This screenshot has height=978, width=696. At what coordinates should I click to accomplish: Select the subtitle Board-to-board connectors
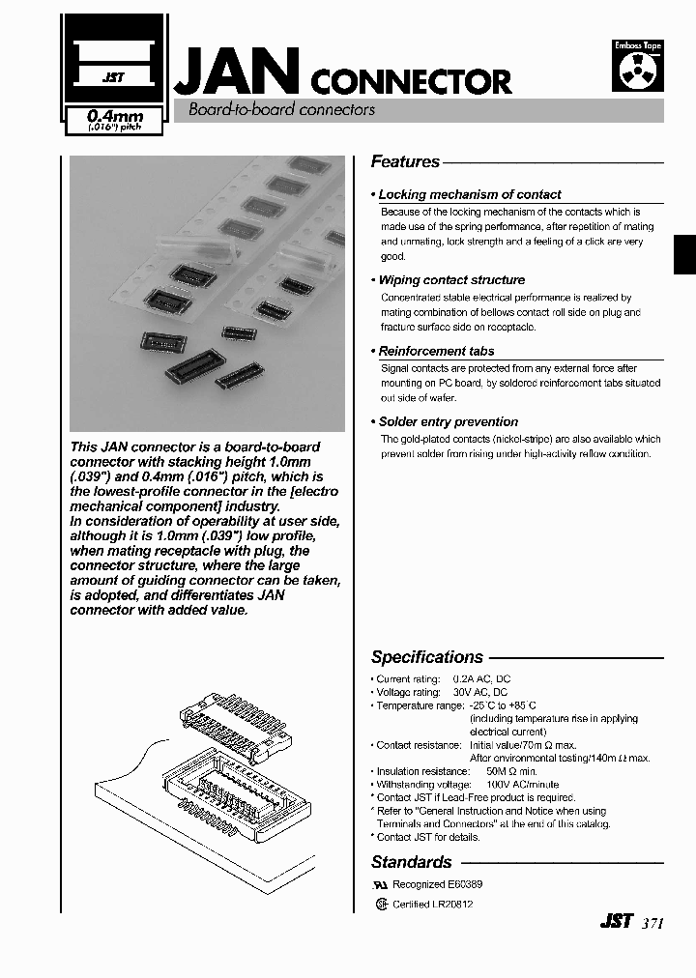281,110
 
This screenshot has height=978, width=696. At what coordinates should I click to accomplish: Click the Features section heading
405,162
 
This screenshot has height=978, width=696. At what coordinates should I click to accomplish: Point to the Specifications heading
426,657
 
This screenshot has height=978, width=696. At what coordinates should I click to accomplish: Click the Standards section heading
411,862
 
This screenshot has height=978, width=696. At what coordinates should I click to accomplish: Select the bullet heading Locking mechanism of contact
469,194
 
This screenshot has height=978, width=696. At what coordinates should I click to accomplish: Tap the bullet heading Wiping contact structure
451,280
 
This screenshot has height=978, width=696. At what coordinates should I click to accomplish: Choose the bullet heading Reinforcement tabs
436,352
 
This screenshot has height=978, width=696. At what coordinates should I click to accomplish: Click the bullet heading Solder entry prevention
448,422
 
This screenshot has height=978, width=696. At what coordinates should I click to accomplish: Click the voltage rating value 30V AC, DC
480,693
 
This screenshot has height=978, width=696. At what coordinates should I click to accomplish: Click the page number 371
652,923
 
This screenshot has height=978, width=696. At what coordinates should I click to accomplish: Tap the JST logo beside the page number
616,922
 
